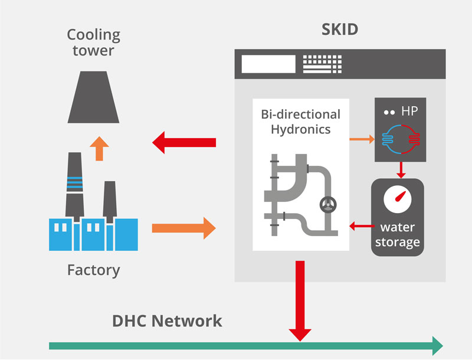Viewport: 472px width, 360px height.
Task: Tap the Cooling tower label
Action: (93, 42)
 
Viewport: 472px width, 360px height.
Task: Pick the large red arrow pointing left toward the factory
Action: (183, 142)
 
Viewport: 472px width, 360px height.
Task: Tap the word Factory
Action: (93, 270)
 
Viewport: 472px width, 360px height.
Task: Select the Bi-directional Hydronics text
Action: (300, 120)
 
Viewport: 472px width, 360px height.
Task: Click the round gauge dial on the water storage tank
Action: (396, 201)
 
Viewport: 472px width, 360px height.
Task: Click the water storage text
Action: (397, 234)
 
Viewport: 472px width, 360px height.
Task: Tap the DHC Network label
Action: (167, 321)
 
